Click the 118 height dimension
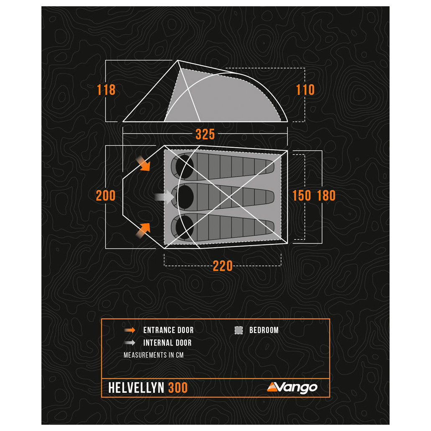point(106,90)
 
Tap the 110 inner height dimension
point(305,90)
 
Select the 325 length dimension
point(205,134)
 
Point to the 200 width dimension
point(105,195)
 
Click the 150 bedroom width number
point(302,195)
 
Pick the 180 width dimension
point(326,195)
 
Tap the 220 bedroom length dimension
point(222,266)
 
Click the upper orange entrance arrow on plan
point(143,164)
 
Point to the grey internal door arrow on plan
point(164,197)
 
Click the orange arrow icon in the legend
point(130,330)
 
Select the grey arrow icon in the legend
point(130,343)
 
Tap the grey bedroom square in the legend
point(239,330)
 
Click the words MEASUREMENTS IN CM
point(154,355)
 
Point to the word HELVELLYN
point(136,388)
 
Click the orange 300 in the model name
point(178,388)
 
